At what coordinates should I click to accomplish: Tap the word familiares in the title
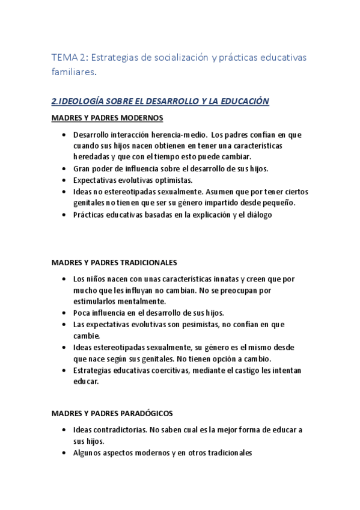[73, 72]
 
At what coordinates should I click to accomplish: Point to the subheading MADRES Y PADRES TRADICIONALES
[114, 263]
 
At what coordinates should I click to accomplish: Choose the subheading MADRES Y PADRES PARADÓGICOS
[112, 414]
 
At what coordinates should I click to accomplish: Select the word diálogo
[258, 214]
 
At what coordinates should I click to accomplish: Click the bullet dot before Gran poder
[64, 168]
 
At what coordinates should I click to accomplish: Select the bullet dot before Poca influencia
[64, 313]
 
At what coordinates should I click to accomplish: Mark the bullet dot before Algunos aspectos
[64, 453]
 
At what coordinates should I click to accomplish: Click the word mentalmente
[145, 301]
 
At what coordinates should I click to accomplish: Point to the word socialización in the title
[172, 57]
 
